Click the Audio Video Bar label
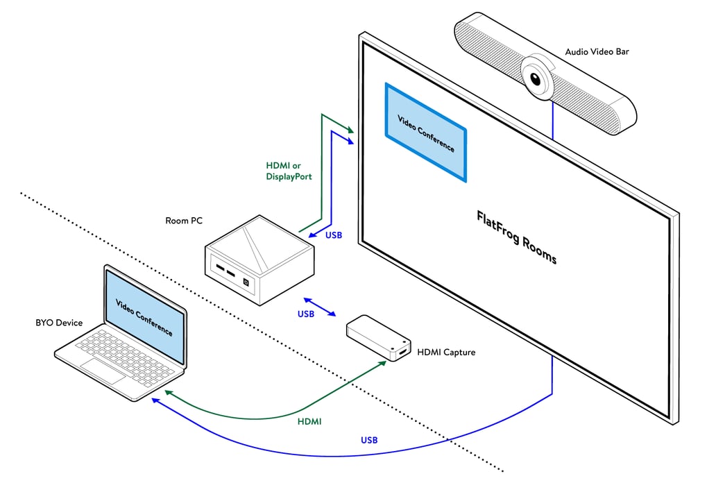[597, 51]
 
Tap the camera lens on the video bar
[536, 80]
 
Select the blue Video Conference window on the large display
[425, 133]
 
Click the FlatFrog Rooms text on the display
[516, 237]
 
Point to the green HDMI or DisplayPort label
[289, 171]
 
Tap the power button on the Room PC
[246, 282]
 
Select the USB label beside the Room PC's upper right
[333, 235]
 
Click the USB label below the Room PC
[305, 314]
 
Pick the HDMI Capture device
[377, 339]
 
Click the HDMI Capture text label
[446, 353]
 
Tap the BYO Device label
[59, 323]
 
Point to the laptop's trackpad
[102, 371]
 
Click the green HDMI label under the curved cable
[309, 421]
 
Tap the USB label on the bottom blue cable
[369, 440]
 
